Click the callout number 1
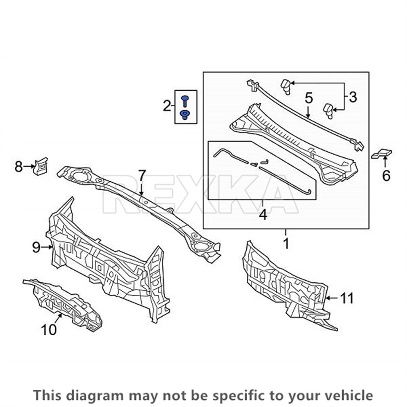[x=286, y=243]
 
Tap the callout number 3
[x=352, y=97]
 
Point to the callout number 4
[x=263, y=215]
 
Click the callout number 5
[x=309, y=98]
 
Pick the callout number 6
[x=386, y=176]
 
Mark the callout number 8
[x=18, y=166]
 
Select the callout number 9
[x=36, y=247]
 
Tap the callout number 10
[x=49, y=330]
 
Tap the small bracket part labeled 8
[x=40, y=166]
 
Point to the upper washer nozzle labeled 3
[x=285, y=87]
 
